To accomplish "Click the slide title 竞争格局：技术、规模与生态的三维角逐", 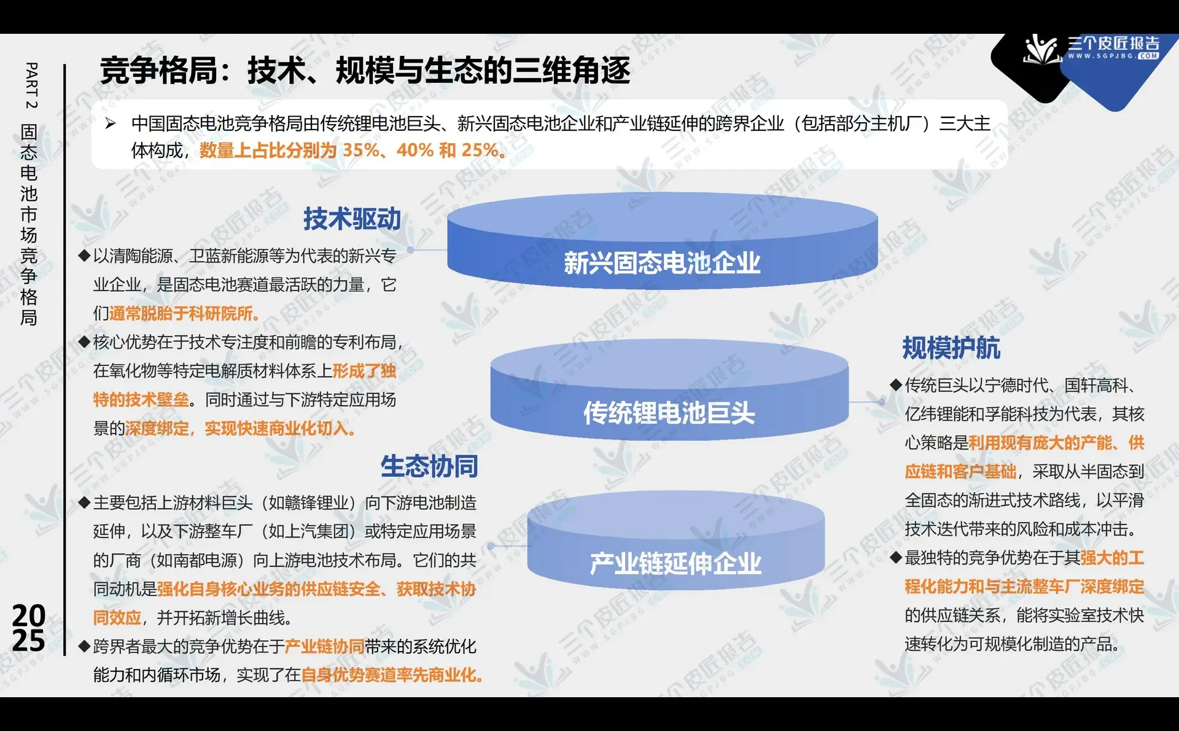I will pos(365,70).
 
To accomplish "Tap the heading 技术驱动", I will pos(352,219).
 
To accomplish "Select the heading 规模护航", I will pos(951,348).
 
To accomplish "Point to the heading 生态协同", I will pos(429,466).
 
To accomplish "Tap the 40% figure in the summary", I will pos(414,150).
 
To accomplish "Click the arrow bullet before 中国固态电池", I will pos(111,123).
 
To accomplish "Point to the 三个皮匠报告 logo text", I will pos(1113,44).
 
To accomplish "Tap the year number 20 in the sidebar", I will pos(29,615).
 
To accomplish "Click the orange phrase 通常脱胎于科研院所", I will pos(184,313).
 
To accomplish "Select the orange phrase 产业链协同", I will pos(324,646).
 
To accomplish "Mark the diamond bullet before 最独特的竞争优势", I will pos(896,558).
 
